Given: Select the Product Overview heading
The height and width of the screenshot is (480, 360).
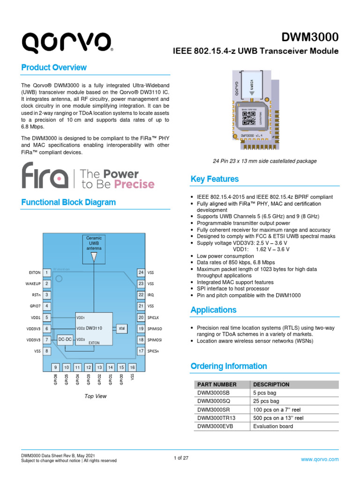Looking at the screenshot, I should click(54, 67).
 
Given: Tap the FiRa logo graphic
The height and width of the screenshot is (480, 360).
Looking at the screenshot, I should click(45, 176).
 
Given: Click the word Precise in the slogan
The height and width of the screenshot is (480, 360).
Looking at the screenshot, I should click(132, 184).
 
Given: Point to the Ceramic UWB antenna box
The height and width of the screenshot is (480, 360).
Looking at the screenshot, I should click(94, 243).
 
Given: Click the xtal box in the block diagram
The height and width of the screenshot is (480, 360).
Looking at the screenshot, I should click(121, 328).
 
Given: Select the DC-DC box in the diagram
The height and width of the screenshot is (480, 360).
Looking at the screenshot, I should click(65, 339).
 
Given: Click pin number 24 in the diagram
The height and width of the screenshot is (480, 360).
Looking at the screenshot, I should click(140, 272).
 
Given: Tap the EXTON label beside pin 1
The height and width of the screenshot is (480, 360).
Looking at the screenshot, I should click(35, 272).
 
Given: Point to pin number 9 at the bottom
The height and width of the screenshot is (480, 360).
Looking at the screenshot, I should click(55, 367).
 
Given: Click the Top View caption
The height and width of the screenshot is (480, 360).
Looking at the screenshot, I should click(95, 396).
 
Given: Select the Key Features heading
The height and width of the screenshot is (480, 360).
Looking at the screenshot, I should click(215, 179).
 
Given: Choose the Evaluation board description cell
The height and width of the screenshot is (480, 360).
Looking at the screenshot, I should click(273, 426).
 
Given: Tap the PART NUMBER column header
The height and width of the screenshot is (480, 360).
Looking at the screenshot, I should click(217, 384).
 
